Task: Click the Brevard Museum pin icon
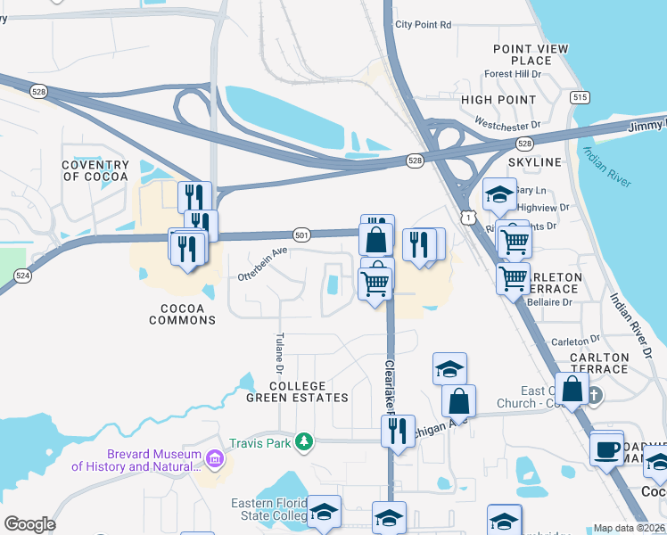[x=214, y=459]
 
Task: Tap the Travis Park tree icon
[x=304, y=441]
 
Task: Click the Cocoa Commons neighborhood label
[x=183, y=314]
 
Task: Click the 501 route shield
[x=301, y=235]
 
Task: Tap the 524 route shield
[x=23, y=276]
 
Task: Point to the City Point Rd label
[x=424, y=25]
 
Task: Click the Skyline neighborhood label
[x=535, y=162]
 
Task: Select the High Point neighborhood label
[x=498, y=100]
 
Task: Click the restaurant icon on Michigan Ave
[x=398, y=431]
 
